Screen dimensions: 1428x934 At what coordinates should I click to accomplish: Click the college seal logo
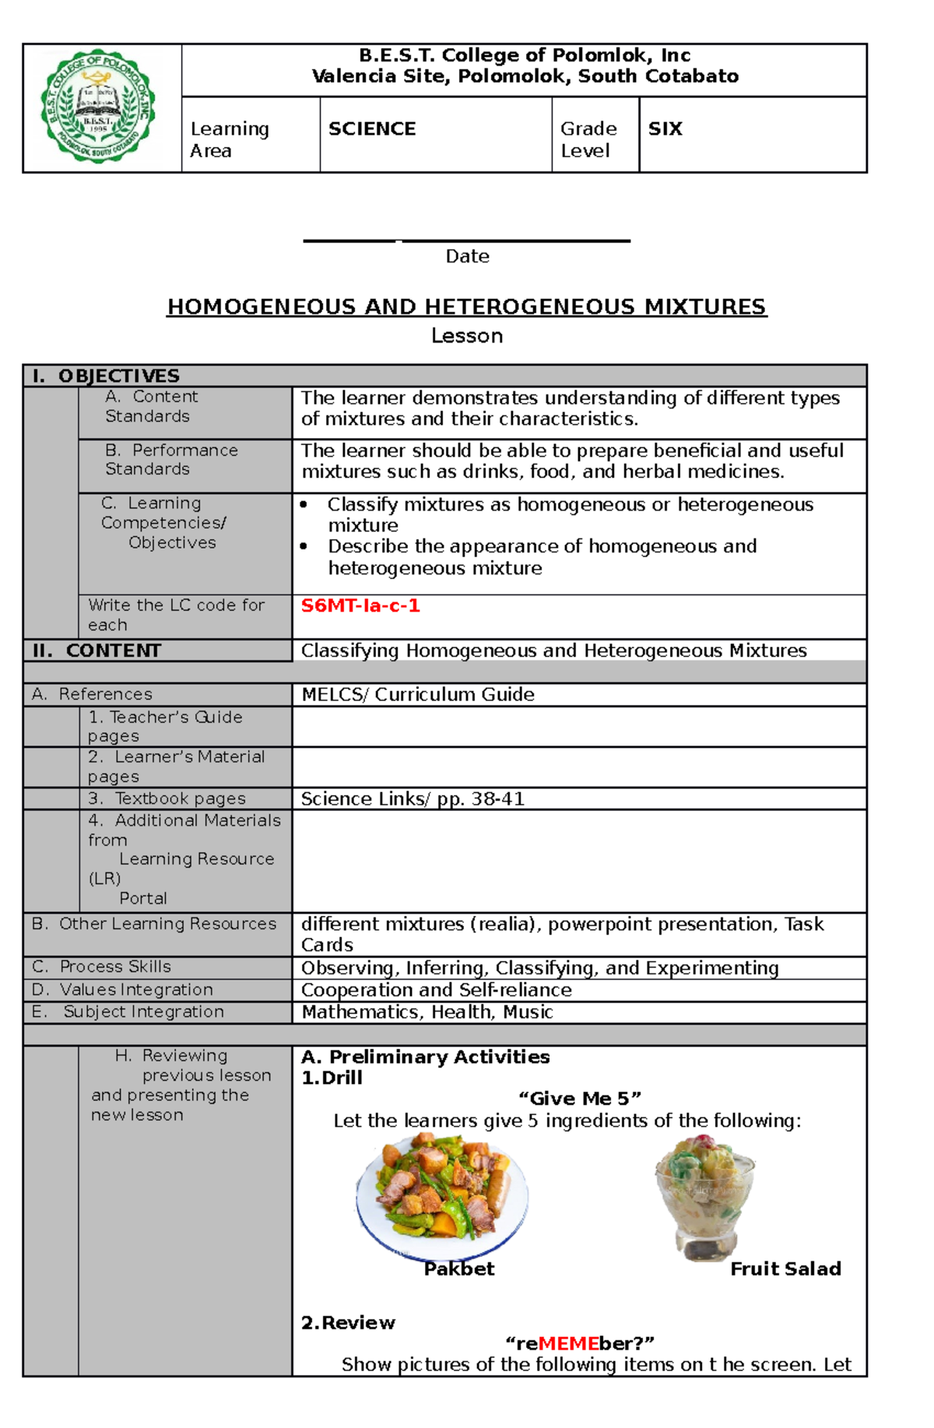[x=99, y=106]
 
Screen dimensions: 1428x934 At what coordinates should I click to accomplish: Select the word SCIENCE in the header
[x=372, y=128]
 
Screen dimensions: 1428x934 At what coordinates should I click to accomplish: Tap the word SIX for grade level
[x=665, y=128]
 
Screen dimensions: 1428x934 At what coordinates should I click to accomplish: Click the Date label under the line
[x=467, y=256]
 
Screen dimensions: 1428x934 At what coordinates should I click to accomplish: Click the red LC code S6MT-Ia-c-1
[x=360, y=605]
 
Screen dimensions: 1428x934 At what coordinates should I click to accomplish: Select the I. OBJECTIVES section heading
[x=106, y=376]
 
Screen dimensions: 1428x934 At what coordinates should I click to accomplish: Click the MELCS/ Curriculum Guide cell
[x=418, y=694]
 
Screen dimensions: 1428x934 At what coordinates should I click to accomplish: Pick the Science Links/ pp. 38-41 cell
[x=413, y=798]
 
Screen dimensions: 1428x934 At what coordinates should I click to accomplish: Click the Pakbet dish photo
[x=441, y=1197]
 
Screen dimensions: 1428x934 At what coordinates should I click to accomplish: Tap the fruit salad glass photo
[x=704, y=1195]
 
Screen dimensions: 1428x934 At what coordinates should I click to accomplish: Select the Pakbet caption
[x=458, y=1268]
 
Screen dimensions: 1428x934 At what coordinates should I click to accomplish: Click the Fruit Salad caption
[x=785, y=1268]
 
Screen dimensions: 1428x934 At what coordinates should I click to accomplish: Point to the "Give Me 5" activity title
[x=579, y=1098]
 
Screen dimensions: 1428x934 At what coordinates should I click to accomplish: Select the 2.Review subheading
[x=348, y=1322]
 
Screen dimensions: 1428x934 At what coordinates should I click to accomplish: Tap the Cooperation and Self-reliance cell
[x=436, y=990]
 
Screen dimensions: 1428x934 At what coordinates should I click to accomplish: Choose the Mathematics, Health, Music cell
[x=427, y=1012]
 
